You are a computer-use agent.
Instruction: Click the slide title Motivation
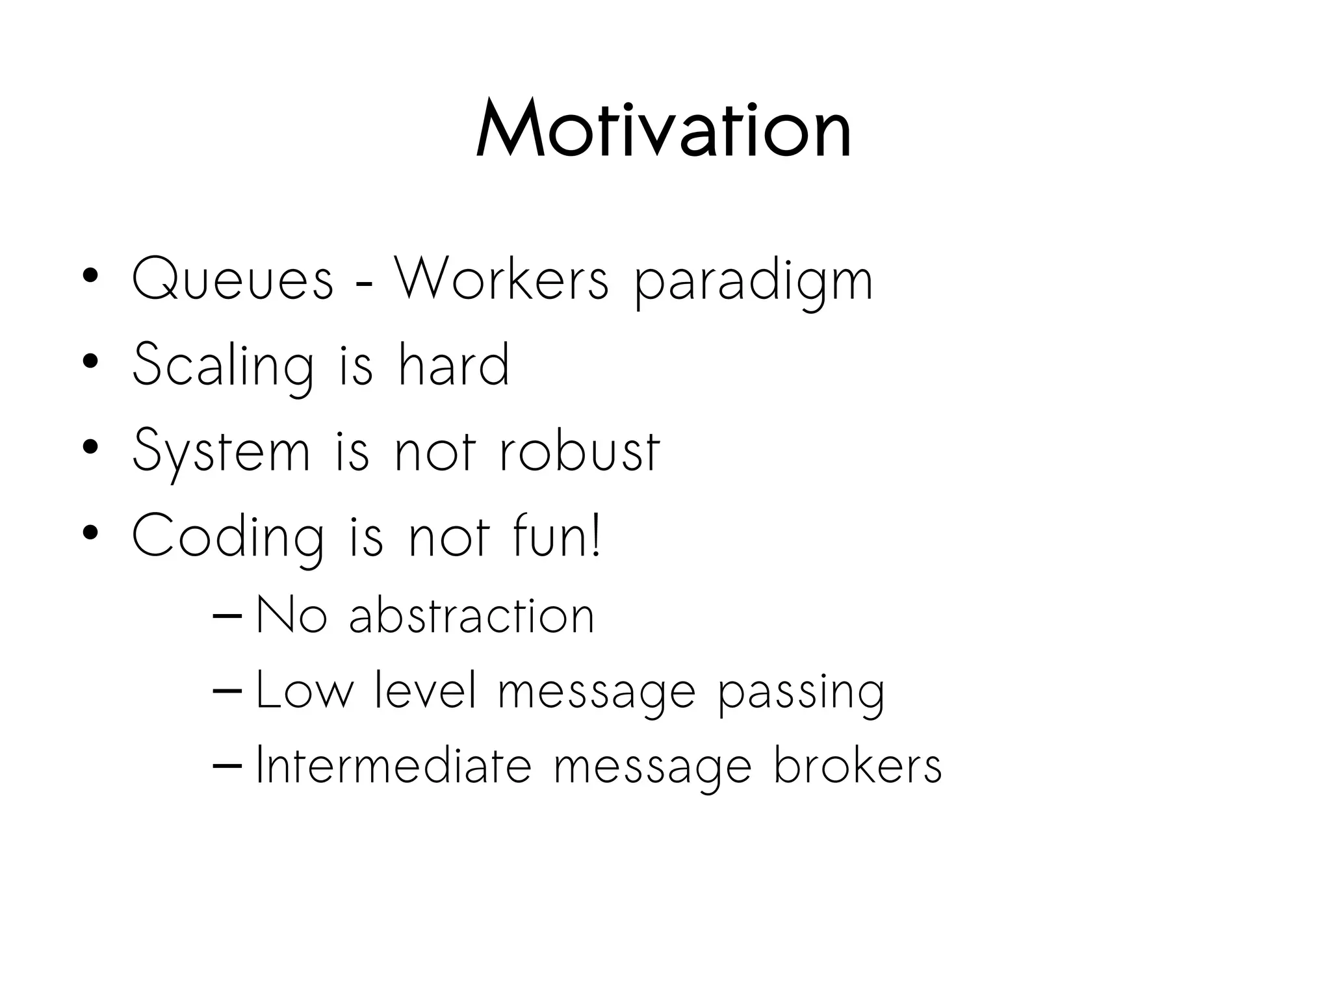click(x=664, y=129)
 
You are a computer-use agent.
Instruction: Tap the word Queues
click(x=233, y=279)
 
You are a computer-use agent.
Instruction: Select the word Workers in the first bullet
click(x=502, y=279)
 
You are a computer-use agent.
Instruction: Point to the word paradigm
click(x=753, y=283)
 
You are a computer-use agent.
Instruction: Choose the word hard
click(x=454, y=365)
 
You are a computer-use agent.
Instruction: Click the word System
click(x=221, y=452)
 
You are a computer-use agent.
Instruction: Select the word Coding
click(x=227, y=538)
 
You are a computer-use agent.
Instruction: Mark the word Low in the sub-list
click(x=305, y=690)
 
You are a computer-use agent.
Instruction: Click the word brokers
click(x=857, y=765)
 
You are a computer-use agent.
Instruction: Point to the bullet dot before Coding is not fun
click(x=90, y=533)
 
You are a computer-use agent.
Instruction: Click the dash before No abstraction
click(x=227, y=616)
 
